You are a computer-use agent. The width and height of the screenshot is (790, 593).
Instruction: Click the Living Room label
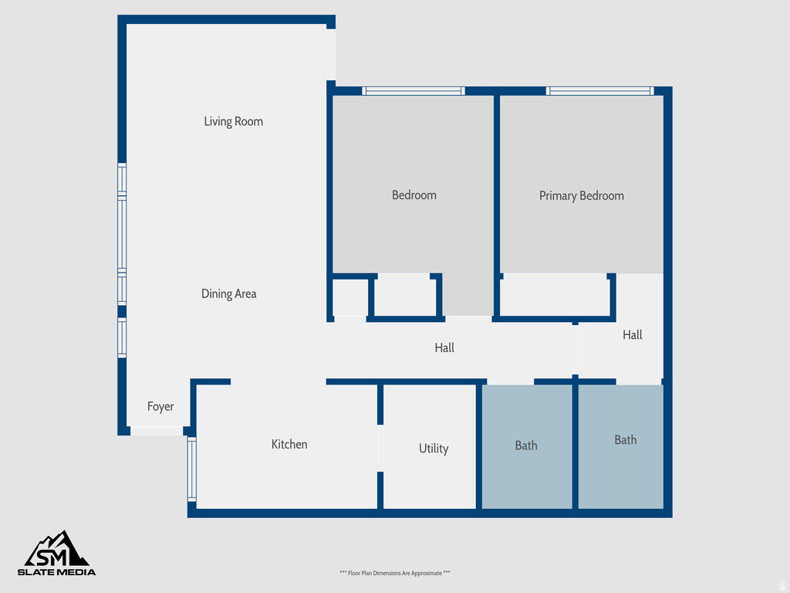tap(233, 121)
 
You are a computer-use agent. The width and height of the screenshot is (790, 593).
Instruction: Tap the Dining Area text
tap(228, 293)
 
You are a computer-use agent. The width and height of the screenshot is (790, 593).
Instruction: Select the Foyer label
tap(160, 407)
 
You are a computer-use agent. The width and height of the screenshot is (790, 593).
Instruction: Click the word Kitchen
tap(289, 444)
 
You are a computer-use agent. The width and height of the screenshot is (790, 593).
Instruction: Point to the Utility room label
tap(433, 449)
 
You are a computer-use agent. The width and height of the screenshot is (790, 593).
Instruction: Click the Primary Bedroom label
tap(581, 195)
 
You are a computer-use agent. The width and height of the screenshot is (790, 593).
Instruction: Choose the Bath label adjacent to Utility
tap(526, 446)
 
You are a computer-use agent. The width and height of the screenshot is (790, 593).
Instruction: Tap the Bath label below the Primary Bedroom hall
tap(625, 440)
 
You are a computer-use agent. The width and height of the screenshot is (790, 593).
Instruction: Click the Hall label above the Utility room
tap(444, 348)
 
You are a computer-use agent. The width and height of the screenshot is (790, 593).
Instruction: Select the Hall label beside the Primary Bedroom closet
tap(632, 335)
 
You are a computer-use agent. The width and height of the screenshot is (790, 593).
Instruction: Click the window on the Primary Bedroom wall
tap(599, 91)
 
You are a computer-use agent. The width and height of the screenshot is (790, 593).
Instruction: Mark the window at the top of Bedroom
tap(414, 91)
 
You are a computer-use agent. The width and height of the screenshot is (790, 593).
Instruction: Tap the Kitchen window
tap(192, 469)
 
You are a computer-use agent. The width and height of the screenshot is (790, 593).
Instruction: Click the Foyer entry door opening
tap(156, 431)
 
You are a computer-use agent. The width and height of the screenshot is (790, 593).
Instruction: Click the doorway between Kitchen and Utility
tap(380, 448)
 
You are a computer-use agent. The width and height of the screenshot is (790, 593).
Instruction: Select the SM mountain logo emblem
tap(57, 549)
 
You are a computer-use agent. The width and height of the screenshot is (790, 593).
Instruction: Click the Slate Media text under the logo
tap(57, 572)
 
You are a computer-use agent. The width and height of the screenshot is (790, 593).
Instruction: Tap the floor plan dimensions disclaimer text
tap(394, 573)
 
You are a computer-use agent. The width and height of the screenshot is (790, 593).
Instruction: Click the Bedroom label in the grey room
tap(414, 195)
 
